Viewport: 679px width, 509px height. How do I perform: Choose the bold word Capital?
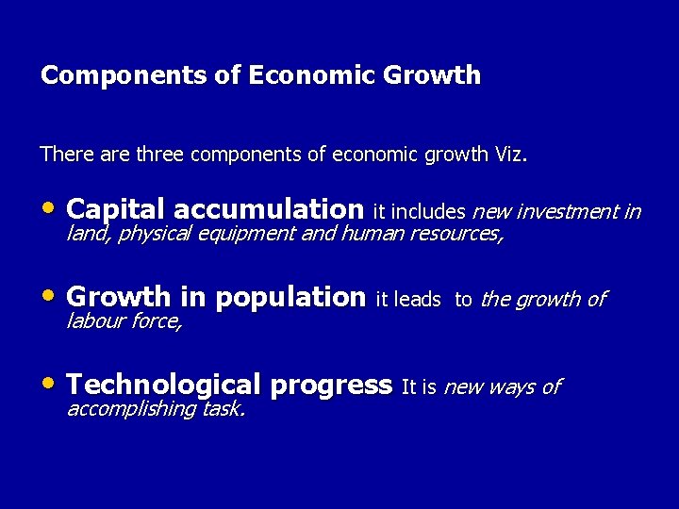point(117,208)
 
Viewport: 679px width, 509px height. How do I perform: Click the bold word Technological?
point(163,385)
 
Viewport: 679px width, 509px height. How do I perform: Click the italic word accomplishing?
point(131,409)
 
